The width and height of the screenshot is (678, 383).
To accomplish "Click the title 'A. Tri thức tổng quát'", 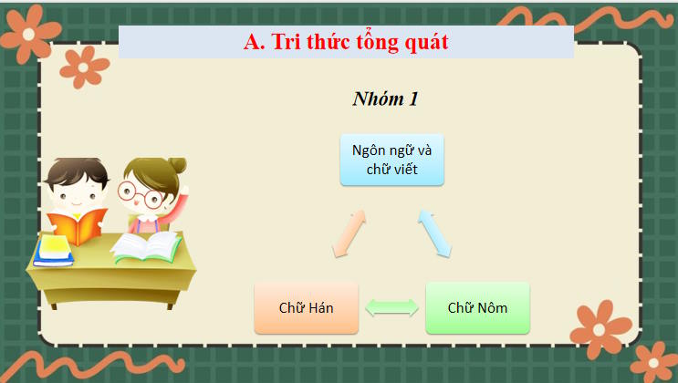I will [346, 42].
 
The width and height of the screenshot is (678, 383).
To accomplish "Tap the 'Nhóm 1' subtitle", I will [385, 99].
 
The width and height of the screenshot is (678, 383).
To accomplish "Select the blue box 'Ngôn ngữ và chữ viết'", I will [392, 160].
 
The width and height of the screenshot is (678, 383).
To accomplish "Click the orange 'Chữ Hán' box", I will [306, 307].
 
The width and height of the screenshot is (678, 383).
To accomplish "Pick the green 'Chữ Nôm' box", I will [476, 307].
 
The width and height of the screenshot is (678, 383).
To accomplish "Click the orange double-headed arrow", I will [349, 234].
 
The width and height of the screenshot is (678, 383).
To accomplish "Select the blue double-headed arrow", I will [435, 234].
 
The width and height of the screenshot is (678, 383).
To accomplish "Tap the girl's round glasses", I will [139, 193].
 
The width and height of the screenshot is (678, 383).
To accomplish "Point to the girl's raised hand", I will [185, 192].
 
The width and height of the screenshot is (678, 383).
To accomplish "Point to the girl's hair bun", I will [176, 165].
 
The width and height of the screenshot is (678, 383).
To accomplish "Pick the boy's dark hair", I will [77, 171].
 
